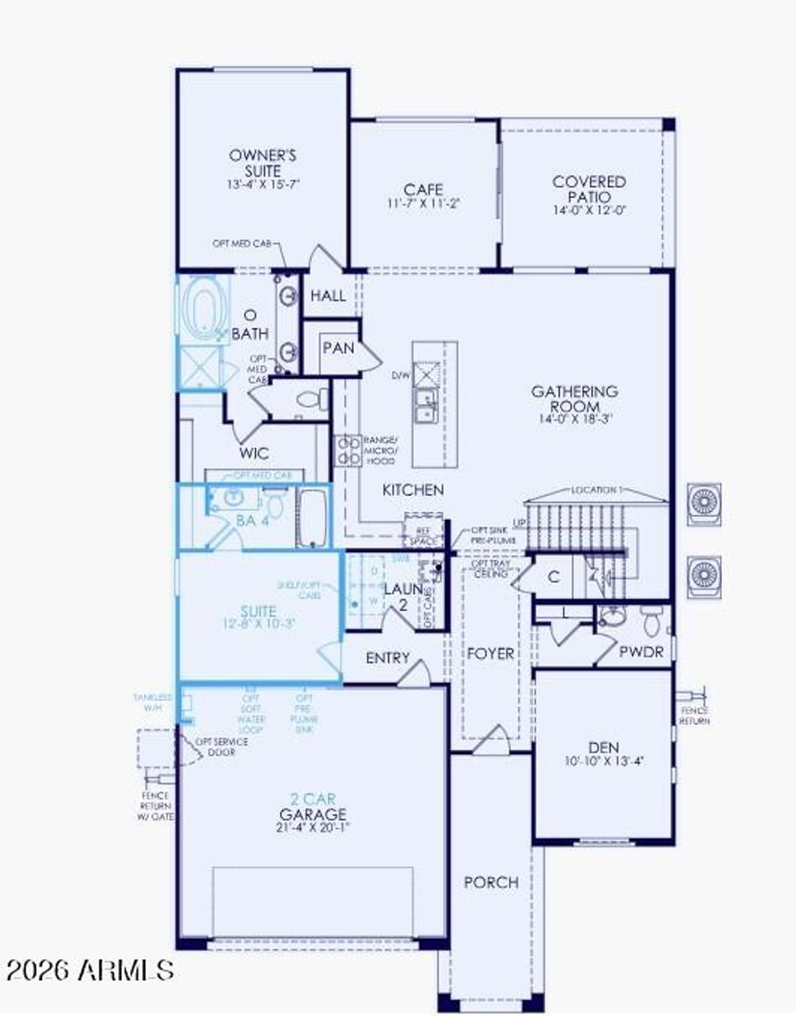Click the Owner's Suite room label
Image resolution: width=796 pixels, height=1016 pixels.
(263, 162)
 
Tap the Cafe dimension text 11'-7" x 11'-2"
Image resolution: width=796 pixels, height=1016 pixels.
(424, 204)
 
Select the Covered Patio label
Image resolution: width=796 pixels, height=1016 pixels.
(589, 189)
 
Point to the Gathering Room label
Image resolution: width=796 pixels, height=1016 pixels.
(574, 398)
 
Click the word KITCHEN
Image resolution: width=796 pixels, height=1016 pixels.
(413, 490)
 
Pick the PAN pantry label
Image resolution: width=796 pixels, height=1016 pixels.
(338, 347)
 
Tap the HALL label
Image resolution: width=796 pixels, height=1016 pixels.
(328, 295)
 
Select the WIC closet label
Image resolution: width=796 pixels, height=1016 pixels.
(254, 453)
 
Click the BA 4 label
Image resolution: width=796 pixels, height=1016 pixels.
(253, 520)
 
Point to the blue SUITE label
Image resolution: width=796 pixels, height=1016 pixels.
(258, 611)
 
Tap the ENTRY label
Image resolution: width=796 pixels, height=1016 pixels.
(387, 658)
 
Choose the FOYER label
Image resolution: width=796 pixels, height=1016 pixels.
(491, 654)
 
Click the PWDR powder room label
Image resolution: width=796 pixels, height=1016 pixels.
(641, 651)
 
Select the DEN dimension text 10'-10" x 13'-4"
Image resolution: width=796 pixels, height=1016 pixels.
(604, 762)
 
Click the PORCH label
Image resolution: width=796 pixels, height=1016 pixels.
(491, 882)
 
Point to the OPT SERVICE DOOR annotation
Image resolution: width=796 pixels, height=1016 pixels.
(221, 746)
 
